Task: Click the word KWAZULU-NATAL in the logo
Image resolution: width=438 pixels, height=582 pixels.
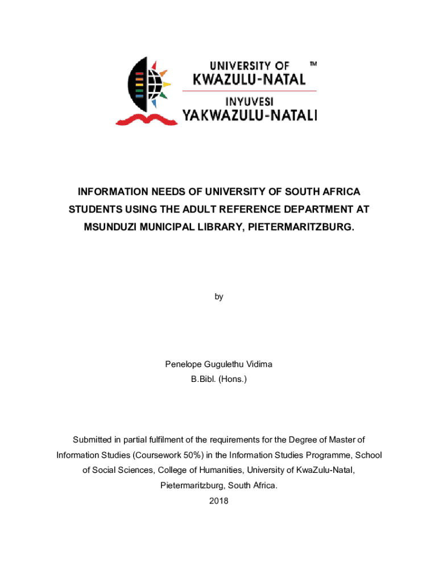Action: pos(250,79)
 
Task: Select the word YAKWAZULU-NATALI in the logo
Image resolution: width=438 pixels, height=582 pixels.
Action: pos(249,116)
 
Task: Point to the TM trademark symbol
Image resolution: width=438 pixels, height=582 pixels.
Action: pos(313,65)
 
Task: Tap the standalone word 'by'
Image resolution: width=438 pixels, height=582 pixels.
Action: pos(219,297)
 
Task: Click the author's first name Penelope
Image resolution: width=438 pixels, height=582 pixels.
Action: pos(183,364)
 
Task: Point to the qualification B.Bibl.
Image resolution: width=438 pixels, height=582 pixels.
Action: pos(204,377)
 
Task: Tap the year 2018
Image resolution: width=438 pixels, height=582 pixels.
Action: pos(219,501)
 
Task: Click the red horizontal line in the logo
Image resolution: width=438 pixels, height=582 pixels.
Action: pos(249,90)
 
